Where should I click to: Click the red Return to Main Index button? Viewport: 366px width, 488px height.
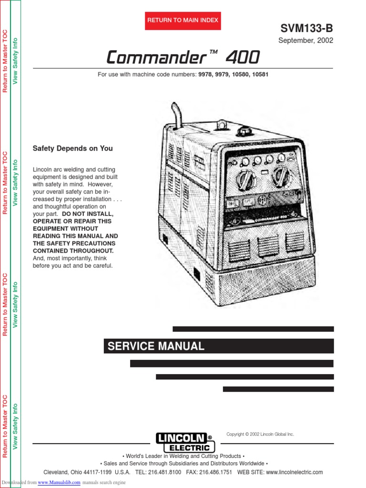pos(183,20)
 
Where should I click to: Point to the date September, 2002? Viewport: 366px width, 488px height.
pos(305,41)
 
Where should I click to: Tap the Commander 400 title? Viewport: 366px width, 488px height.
pos(183,58)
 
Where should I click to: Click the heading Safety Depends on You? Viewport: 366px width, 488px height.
pos(72,148)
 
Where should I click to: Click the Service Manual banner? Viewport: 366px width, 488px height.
pos(156,346)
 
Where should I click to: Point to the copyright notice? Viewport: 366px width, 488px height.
pos(260,434)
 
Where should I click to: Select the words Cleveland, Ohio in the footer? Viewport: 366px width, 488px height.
pos(62,472)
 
